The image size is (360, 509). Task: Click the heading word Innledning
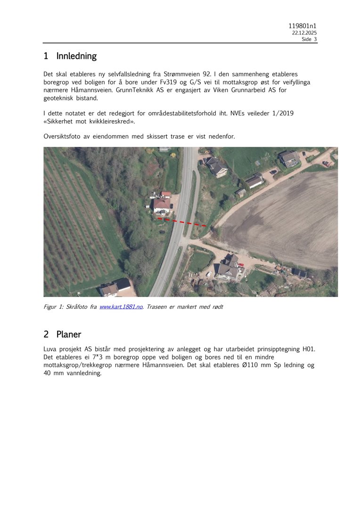(76, 56)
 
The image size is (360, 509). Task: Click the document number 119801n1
(303, 26)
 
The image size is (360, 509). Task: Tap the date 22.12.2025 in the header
(304, 33)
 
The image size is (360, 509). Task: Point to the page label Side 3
(309, 40)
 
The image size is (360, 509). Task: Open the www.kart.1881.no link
(121, 307)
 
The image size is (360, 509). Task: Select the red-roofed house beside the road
(162, 204)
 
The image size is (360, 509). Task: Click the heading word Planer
(69, 335)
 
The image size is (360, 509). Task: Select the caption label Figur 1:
(57, 307)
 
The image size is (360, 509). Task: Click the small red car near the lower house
(241, 264)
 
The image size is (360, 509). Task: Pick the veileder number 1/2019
(283, 113)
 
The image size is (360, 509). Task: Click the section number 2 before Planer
(46, 335)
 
